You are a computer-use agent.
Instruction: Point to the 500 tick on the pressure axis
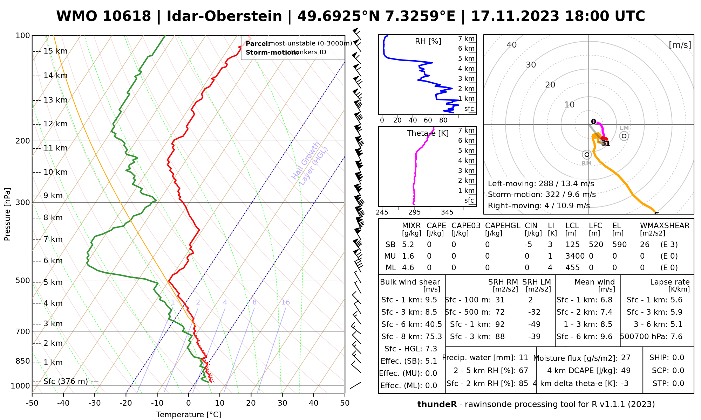pos(23,281)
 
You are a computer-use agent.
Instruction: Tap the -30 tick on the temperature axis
pos(95,403)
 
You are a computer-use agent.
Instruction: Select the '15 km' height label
pos(55,51)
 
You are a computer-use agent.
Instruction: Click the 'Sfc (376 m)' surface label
pos(66,381)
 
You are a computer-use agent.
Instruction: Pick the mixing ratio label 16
pos(285,302)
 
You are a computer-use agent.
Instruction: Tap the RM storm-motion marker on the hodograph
pos(587,155)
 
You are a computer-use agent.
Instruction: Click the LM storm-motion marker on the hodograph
pos(624,136)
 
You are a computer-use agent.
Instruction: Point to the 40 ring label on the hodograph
pos(512,45)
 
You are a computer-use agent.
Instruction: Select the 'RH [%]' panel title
pos(428,41)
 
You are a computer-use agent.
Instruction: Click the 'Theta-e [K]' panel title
pos(428,133)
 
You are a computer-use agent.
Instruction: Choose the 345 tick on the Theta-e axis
pos(447,212)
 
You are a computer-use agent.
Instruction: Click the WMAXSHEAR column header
pos(665,226)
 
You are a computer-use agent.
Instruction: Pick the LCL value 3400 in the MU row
pos(575,256)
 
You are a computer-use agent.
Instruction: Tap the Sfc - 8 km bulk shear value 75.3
pos(433,337)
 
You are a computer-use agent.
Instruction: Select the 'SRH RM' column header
pos(503,282)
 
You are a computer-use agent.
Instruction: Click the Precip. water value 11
pos(523,358)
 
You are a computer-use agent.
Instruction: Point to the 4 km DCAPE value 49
pos(626,371)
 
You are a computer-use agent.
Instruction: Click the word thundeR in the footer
pos(437,405)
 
